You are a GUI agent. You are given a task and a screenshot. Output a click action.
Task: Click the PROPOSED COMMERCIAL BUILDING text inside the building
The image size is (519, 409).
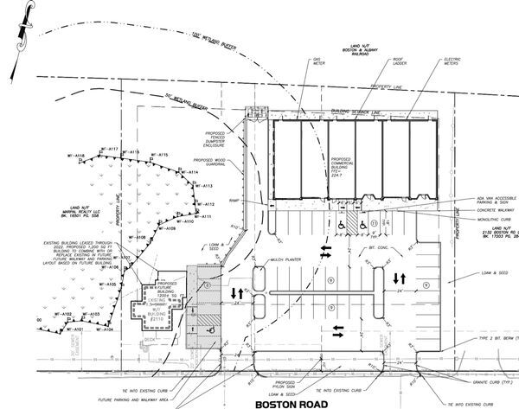[340, 164]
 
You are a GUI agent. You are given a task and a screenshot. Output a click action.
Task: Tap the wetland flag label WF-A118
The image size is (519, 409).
[75, 156]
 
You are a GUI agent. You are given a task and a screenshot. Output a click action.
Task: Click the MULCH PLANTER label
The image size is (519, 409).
[285, 259]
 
